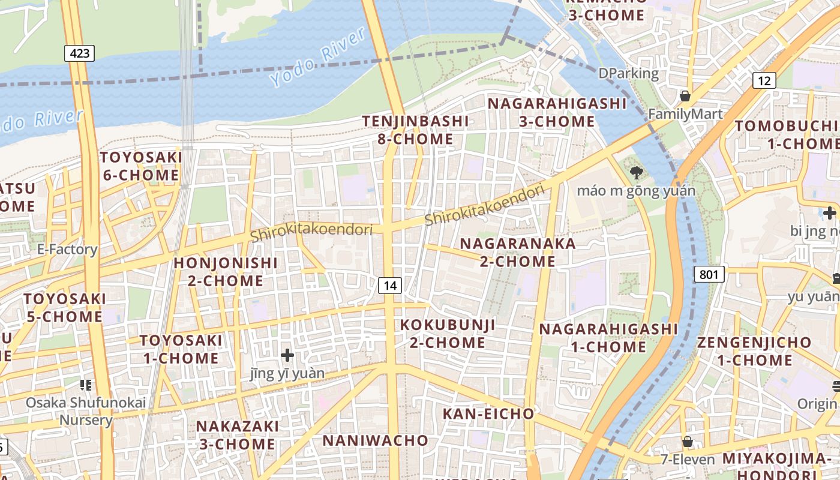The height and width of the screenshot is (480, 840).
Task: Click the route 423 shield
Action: pyautogui.click(x=80, y=53)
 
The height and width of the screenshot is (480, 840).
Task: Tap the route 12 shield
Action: pyautogui.click(x=764, y=80)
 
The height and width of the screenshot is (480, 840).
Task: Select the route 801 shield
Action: pyautogui.click(x=709, y=275)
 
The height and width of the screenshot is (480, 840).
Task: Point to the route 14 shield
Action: pyautogui.click(x=390, y=286)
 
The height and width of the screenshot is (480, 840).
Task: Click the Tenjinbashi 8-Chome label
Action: pyautogui.click(x=415, y=130)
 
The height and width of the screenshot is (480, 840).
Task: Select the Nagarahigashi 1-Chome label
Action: pyautogui.click(x=608, y=338)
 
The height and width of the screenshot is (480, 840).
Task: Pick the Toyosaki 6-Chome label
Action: pyautogui.click(x=140, y=166)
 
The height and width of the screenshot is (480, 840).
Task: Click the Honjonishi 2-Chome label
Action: pyautogui.click(x=226, y=272)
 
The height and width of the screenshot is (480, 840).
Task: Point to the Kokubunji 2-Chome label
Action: pyautogui.click(x=448, y=334)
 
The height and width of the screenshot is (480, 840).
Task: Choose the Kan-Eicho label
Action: pyautogui.click(x=488, y=413)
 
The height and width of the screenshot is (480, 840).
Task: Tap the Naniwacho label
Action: pyautogui.click(x=376, y=440)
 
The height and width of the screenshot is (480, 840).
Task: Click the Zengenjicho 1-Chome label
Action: pyautogui.click(x=754, y=351)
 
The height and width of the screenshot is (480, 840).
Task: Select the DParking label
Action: pyautogui.click(x=628, y=73)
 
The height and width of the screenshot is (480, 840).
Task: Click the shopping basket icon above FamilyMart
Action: pyautogui.click(x=685, y=96)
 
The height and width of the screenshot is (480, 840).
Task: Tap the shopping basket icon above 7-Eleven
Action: pyautogui.click(x=687, y=442)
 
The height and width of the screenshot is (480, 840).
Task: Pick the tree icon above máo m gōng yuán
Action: pyautogui.click(x=636, y=173)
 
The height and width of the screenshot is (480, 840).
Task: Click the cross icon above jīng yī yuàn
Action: pyautogui.click(x=287, y=355)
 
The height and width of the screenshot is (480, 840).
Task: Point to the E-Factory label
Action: pyautogui.click(x=67, y=250)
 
